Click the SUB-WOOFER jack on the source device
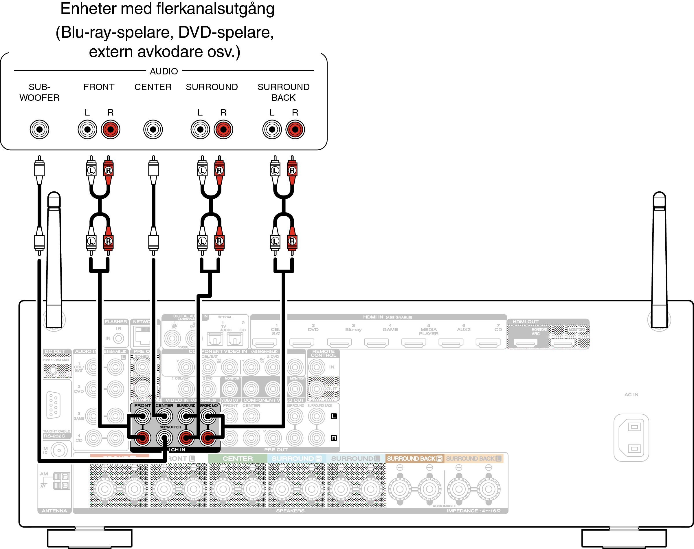click(x=40, y=129)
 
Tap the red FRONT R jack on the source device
click(x=111, y=129)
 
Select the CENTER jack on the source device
click(x=153, y=129)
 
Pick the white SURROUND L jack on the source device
click(x=200, y=129)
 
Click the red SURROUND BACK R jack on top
click(x=295, y=129)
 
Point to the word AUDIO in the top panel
click(x=164, y=71)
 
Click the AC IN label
click(x=631, y=395)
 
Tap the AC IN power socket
click(x=631, y=438)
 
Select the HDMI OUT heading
click(x=525, y=321)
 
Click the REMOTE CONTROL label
click(x=323, y=353)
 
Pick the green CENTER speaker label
click(x=238, y=459)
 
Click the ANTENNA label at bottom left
click(x=54, y=511)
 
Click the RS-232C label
click(x=54, y=436)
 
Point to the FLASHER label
click(x=116, y=321)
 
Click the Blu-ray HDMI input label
click(x=353, y=330)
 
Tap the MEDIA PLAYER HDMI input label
click(x=429, y=331)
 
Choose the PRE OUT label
click(x=276, y=450)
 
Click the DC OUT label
click(x=55, y=351)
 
